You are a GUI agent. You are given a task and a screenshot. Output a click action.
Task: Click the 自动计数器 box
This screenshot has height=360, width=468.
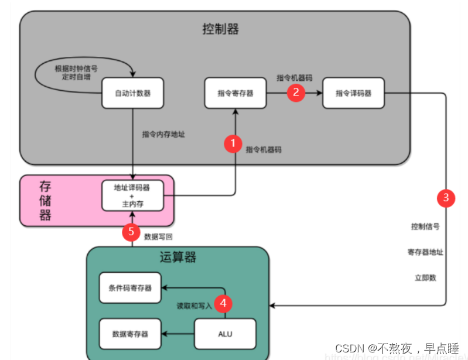(x=132, y=93)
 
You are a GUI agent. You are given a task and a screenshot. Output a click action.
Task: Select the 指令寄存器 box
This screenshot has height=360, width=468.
(x=235, y=93)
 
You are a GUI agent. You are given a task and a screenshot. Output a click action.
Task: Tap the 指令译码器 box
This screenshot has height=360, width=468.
(x=353, y=93)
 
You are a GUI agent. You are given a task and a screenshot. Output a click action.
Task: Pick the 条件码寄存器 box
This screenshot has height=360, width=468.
(x=130, y=287)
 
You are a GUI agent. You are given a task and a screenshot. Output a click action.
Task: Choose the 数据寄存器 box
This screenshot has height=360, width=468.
(x=130, y=334)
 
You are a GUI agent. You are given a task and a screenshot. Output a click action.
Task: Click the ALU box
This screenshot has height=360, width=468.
(x=225, y=334)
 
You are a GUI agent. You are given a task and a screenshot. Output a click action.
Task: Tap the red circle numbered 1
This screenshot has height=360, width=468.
(x=234, y=143)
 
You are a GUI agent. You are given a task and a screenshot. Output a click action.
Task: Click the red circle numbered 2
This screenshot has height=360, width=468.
(x=296, y=92)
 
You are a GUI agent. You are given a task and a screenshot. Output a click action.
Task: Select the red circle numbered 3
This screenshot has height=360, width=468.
(x=446, y=198)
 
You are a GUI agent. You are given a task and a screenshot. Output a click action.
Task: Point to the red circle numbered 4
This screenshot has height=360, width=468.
(x=223, y=303)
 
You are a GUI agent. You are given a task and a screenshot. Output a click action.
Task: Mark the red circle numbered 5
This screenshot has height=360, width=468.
(x=131, y=232)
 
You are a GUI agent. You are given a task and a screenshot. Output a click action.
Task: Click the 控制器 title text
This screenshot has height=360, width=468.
(x=220, y=29)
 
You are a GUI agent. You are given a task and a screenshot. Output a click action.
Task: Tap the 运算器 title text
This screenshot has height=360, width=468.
(x=177, y=258)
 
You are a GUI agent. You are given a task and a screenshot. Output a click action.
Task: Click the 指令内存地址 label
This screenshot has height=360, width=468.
(x=164, y=134)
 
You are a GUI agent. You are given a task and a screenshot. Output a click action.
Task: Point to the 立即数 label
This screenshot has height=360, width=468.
(x=425, y=277)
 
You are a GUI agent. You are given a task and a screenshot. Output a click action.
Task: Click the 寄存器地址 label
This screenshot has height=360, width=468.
(x=425, y=252)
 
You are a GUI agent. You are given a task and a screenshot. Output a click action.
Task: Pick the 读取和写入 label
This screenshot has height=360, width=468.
(x=194, y=306)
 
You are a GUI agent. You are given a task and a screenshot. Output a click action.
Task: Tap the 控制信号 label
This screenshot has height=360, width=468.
(x=425, y=226)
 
